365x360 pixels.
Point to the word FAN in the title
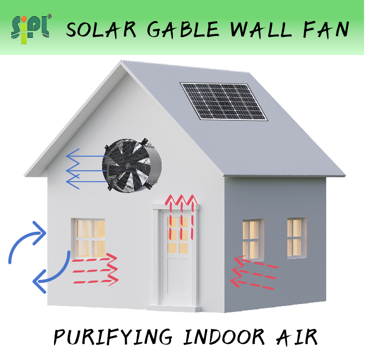(326, 29)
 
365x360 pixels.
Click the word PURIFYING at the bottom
(113, 337)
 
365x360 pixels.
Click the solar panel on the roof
(224, 101)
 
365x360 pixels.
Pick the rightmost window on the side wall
(295, 237)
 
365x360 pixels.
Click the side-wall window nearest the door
(252, 239)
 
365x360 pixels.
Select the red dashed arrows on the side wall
(253, 272)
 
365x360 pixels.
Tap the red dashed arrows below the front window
(95, 270)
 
